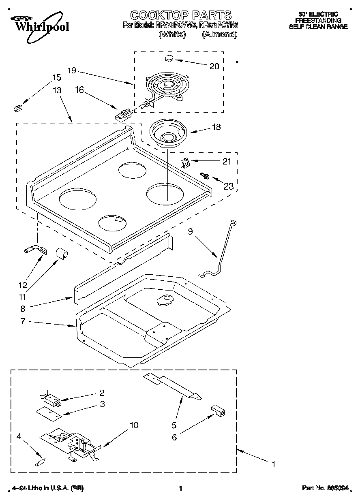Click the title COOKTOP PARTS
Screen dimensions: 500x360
click(180, 15)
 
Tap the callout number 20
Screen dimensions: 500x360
click(214, 66)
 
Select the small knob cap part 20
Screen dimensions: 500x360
click(169, 58)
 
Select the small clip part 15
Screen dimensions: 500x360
click(17, 108)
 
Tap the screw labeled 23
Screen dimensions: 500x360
click(206, 176)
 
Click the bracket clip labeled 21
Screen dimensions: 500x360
click(185, 163)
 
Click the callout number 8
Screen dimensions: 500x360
click(23, 309)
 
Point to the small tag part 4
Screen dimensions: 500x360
click(41, 462)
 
